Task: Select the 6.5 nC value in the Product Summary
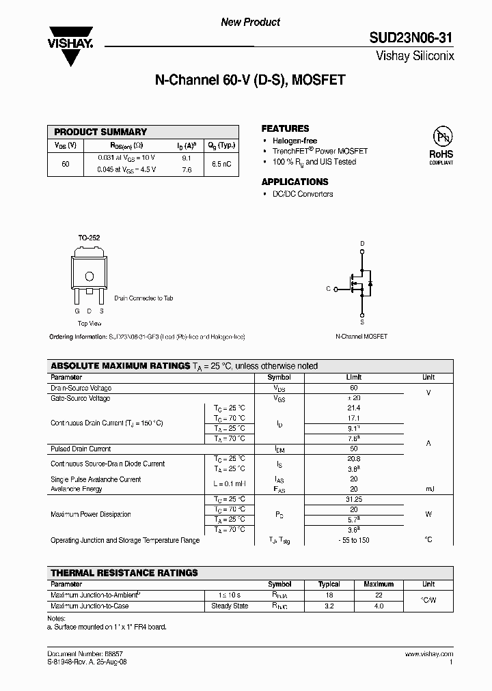(221, 164)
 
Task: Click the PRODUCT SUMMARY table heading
(100, 132)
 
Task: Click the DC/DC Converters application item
(303, 194)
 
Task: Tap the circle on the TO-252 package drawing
(89, 276)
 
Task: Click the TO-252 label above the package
(89, 238)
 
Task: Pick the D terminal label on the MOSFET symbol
(362, 244)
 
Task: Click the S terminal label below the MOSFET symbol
(362, 322)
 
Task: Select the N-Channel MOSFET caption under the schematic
(361, 337)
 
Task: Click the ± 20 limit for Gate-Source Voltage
(353, 398)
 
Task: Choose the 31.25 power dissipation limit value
(353, 499)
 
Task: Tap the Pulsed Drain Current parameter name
(81, 449)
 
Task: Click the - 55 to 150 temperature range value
(353, 540)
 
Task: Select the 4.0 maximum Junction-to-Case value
(379, 606)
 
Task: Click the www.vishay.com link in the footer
(431, 653)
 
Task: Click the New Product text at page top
(250, 22)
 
